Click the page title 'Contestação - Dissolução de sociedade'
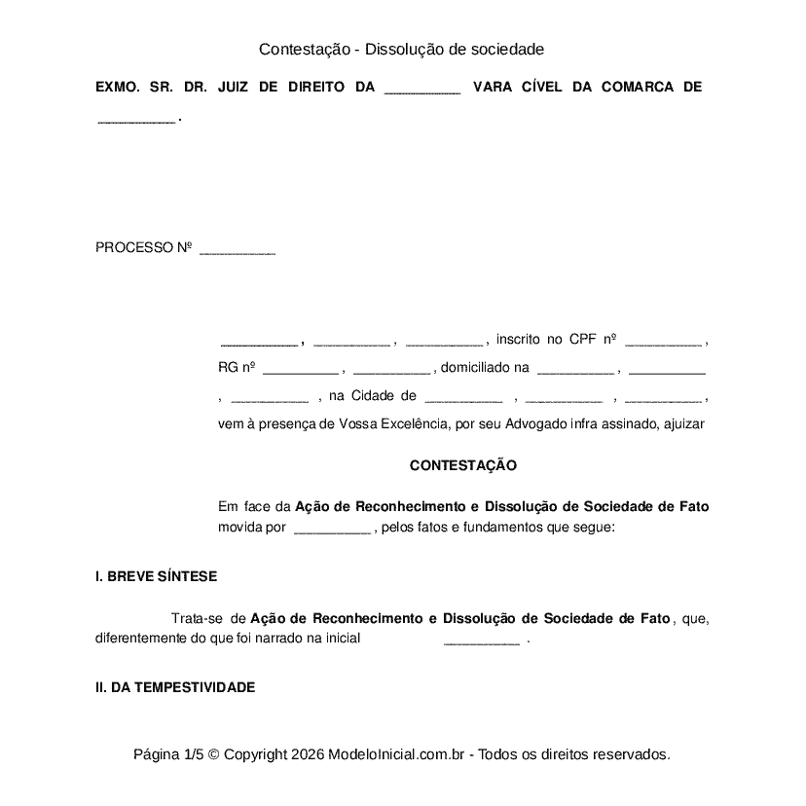[x=401, y=49]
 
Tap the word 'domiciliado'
[x=471, y=368]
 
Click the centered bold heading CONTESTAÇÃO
[x=463, y=466]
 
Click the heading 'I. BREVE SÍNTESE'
[x=156, y=576]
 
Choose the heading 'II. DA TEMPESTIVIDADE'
[x=175, y=687]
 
